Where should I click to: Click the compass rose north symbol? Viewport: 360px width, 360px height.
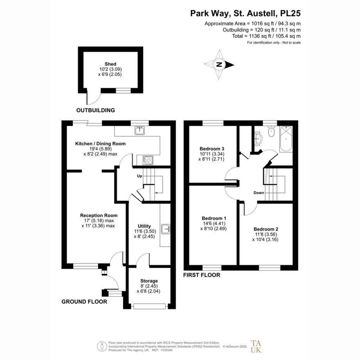pyautogui.click(x=219, y=65)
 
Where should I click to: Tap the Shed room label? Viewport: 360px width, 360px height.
pyautogui.click(x=110, y=64)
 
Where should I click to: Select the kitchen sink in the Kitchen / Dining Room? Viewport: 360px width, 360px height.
pyautogui.click(x=140, y=130)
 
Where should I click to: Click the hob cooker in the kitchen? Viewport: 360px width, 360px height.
pyautogui.click(x=148, y=160)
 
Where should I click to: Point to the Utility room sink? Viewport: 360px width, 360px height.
pyautogui.click(x=166, y=229)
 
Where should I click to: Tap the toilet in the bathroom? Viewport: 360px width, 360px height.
pyautogui.click(x=271, y=131)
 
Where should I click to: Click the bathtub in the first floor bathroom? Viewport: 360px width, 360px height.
pyautogui.click(x=286, y=139)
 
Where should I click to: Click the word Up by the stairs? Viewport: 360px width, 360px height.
pyautogui.click(x=139, y=176)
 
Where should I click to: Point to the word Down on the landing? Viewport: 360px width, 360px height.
pyautogui.click(x=259, y=193)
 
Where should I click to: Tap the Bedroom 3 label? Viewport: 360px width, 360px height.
pyautogui.click(x=212, y=149)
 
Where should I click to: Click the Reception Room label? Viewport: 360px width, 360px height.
pyautogui.click(x=99, y=216)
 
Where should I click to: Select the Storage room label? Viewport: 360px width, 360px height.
pyautogui.click(x=149, y=281)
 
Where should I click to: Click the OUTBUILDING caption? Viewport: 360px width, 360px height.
pyautogui.click(x=96, y=110)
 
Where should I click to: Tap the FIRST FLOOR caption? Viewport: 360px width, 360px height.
pyautogui.click(x=201, y=275)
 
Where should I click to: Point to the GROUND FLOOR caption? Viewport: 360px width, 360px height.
pyautogui.click(x=84, y=302)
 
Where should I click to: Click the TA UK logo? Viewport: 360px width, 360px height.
pyautogui.click(x=256, y=346)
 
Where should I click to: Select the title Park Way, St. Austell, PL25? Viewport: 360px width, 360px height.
pyautogui.click(x=245, y=13)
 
